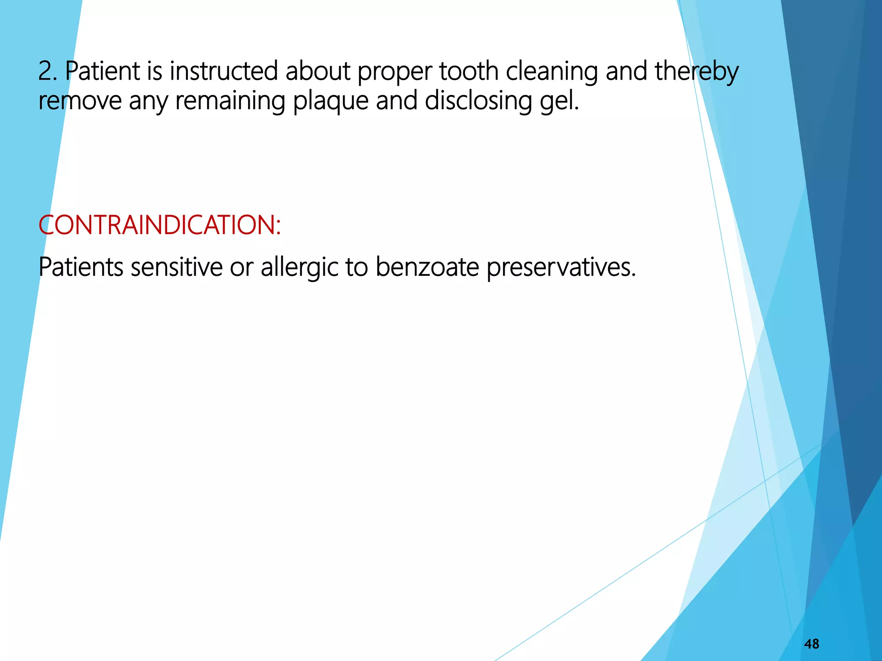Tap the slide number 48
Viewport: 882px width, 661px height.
click(x=811, y=644)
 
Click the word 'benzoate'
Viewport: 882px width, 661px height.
click(x=427, y=267)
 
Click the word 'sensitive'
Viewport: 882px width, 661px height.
click(x=176, y=267)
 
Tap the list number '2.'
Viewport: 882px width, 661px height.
click(x=47, y=71)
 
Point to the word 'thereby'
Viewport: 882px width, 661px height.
click(x=697, y=72)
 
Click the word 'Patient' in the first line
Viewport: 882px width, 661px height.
click(x=102, y=71)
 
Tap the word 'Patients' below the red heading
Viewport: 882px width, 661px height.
click(x=81, y=267)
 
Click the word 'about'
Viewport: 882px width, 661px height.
click(x=318, y=71)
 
